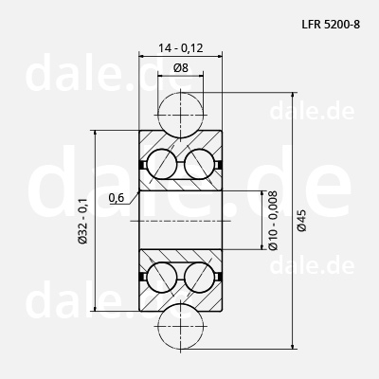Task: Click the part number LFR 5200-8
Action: pyautogui.click(x=331, y=25)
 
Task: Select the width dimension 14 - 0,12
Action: pyautogui.click(x=181, y=48)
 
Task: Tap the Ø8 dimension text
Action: pyautogui.click(x=181, y=67)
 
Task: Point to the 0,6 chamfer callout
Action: pyautogui.click(x=117, y=198)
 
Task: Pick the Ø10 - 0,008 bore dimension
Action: pyautogui.click(x=273, y=220)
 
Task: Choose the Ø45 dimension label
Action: pyautogui.click(x=302, y=221)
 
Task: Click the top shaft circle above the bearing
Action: pyautogui.click(x=180, y=115)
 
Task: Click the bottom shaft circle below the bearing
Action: pyautogui.click(x=180, y=326)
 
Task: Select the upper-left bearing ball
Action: pyautogui.click(x=161, y=164)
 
